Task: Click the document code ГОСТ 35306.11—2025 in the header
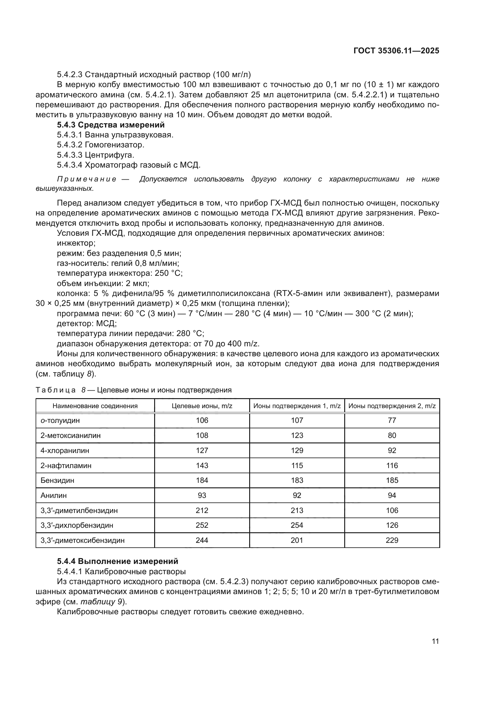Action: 396,51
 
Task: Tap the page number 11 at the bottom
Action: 435,641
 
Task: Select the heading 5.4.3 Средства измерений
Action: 111,125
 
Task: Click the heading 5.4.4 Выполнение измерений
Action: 117,561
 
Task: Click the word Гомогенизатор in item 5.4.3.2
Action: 114,145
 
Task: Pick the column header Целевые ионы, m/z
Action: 202,406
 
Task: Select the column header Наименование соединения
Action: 95,406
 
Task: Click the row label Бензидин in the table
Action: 57,480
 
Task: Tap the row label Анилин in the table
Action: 54,495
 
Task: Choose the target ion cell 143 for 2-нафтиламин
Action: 202,465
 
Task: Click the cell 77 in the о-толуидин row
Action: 392,420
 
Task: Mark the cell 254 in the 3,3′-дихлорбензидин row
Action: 297,525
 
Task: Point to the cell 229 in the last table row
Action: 392,540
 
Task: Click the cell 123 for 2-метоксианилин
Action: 297,436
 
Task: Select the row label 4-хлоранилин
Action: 65,450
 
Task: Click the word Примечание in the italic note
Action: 87,179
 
